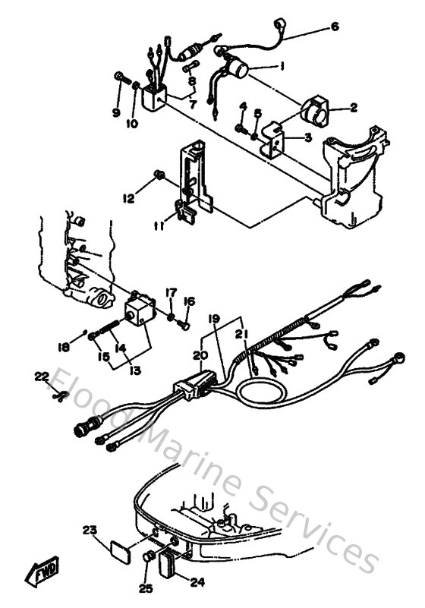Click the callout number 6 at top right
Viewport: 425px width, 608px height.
pyautogui.click(x=335, y=27)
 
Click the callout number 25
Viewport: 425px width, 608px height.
pyautogui.click(x=144, y=588)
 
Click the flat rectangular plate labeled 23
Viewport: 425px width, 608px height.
pyautogui.click(x=118, y=547)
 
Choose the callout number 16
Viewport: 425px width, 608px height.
pyautogui.click(x=190, y=301)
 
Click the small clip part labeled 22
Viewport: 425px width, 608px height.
pyautogui.click(x=61, y=394)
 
